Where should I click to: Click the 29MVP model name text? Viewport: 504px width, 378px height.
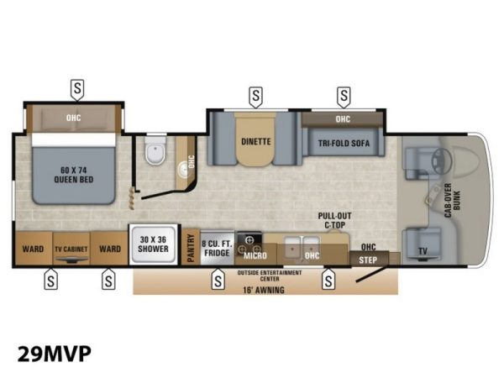pyautogui.click(x=55, y=354)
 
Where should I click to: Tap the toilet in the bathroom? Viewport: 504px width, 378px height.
pyautogui.click(x=155, y=150)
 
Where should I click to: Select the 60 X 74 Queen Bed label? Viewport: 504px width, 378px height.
pyautogui.click(x=74, y=175)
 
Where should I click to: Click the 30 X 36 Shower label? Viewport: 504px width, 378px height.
pyautogui.click(x=154, y=244)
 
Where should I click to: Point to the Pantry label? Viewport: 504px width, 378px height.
pyautogui.click(x=191, y=248)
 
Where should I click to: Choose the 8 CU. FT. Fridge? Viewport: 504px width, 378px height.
pyautogui.click(x=217, y=248)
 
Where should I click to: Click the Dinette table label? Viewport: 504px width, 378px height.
pyautogui.click(x=256, y=141)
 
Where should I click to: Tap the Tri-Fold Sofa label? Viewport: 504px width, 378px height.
pyautogui.click(x=344, y=143)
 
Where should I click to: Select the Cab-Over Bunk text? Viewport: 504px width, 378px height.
pyautogui.click(x=453, y=200)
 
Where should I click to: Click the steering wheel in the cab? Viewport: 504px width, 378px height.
pyautogui.click(x=441, y=160)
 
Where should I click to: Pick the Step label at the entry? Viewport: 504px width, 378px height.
pyautogui.click(x=368, y=260)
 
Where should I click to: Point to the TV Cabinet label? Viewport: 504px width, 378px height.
pyautogui.click(x=71, y=249)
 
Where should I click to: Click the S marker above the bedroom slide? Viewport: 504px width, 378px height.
pyautogui.click(x=77, y=89)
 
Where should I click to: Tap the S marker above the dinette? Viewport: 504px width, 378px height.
pyautogui.click(x=255, y=97)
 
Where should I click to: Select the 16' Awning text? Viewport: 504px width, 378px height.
pyautogui.click(x=264, y=290)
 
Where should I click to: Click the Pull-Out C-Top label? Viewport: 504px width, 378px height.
pyautogui.click(x=334, y=220)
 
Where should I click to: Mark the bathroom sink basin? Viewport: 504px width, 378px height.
pyautogui.click(x=183, y=168)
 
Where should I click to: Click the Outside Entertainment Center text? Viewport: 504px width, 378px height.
pyautogui.click(x=270, y=276)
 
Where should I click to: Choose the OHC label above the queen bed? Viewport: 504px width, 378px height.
pyautogui.click(x=74, y=118)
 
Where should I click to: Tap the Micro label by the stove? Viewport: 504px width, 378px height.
pyautogui.click(x=255, y=255)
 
